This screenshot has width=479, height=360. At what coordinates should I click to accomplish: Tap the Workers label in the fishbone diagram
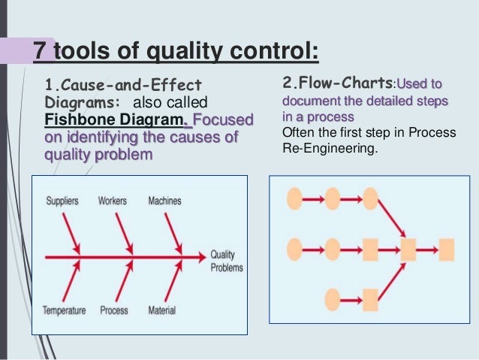pos(112,201)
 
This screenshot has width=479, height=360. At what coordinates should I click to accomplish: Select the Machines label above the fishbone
pos(164,201)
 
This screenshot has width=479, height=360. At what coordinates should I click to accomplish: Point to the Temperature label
pos(63,310)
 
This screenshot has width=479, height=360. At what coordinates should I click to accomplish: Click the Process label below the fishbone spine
pos(113,310)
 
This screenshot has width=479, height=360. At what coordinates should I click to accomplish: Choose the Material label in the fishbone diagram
pos(163,310)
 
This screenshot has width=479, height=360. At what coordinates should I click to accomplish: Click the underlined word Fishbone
pos(75,120)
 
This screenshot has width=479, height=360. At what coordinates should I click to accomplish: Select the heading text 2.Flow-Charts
pos(337,81)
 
